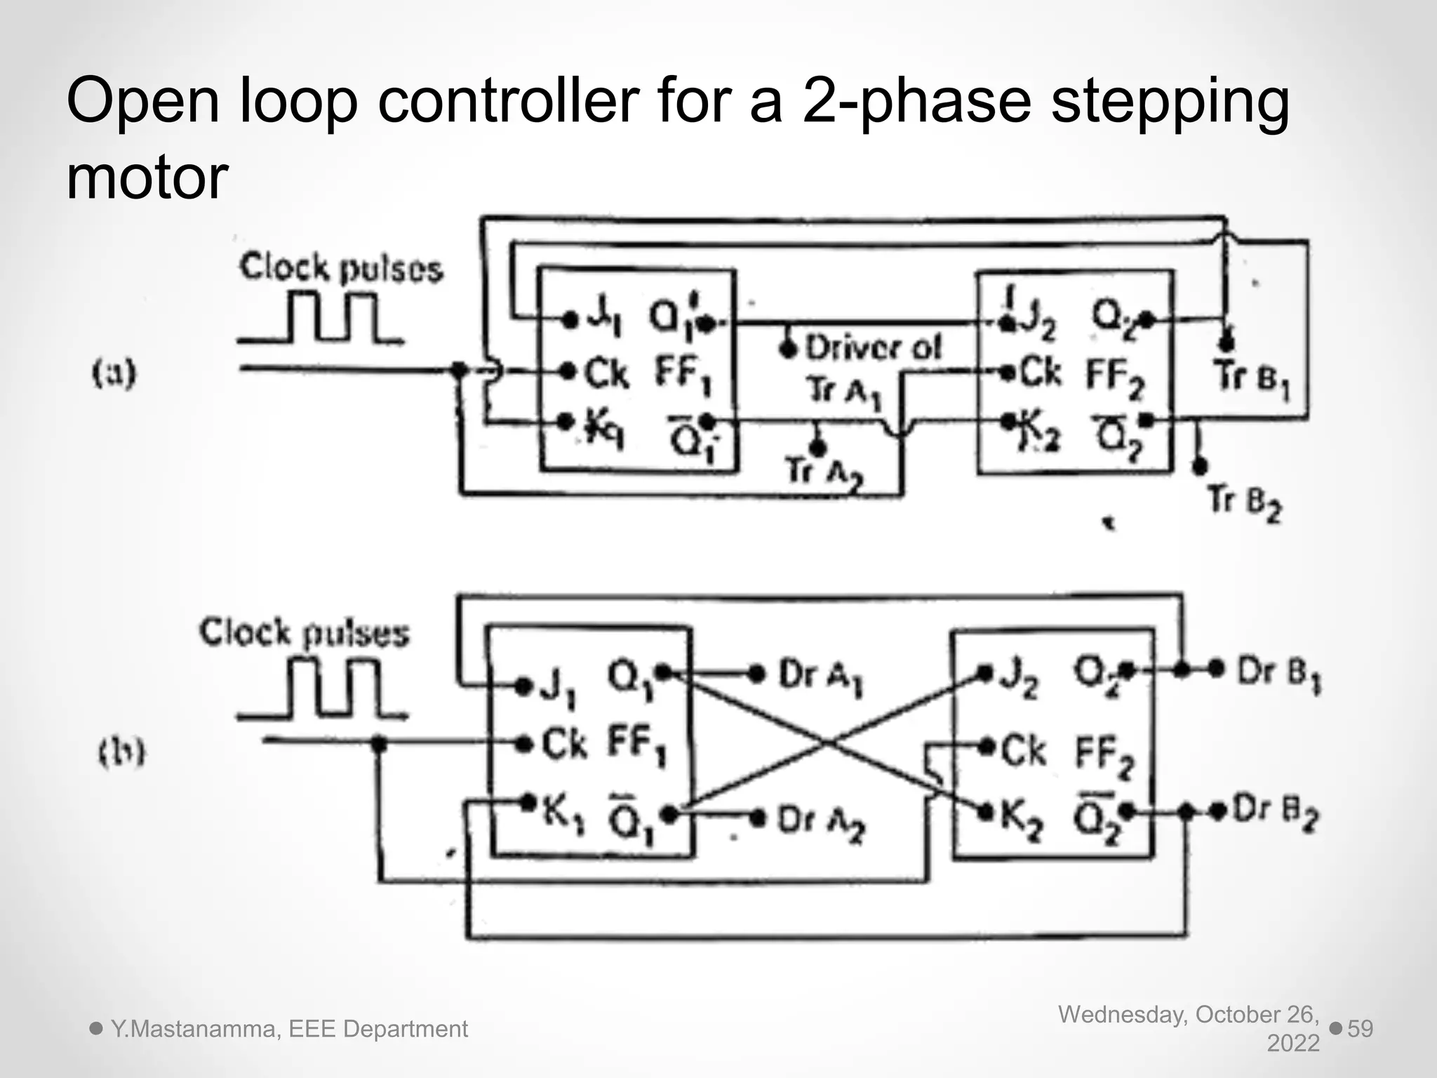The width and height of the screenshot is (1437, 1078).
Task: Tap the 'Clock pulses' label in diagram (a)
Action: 341,268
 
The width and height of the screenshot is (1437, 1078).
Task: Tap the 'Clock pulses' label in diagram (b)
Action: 304,633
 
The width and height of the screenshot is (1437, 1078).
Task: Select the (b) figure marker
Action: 121,753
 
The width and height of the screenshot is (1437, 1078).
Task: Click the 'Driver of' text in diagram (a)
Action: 873,348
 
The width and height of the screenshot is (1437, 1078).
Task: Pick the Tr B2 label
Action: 1244,503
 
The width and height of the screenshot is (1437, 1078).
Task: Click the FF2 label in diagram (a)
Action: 1115,377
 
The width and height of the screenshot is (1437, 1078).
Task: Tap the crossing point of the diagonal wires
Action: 828,743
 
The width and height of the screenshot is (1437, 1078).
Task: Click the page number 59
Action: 1360,1029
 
